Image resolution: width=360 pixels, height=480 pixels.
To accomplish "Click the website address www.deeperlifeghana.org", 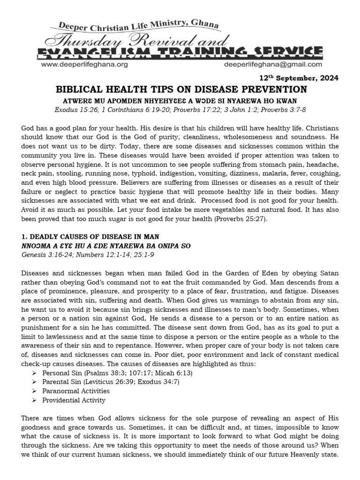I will pyautogui.click(x=84, y=65).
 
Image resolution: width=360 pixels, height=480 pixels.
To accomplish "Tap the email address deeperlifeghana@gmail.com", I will pyautogui.click(x=274, y=65).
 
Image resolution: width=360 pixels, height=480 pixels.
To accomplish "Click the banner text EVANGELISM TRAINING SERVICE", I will pyautogui.click(x=180, y=52).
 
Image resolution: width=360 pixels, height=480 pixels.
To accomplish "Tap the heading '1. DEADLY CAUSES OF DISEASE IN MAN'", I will pyautogui.click(x=91, y=237).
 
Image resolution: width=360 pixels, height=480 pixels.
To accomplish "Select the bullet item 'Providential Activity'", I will pyautogui.click(x=74, y=400).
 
